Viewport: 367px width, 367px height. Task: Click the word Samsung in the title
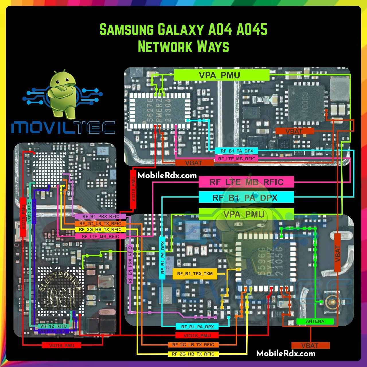pos(126,30)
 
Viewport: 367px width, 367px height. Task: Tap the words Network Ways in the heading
pos(183,47)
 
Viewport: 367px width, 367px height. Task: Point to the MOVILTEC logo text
pos(63,128)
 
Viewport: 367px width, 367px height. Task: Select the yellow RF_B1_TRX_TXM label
pos(195,274)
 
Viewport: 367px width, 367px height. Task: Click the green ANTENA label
pos(315,321)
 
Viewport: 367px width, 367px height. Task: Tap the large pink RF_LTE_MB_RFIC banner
pos(246,182)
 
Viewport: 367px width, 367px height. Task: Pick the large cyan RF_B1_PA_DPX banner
pos(246,198)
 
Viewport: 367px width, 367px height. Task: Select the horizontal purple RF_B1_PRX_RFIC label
pos(101,216)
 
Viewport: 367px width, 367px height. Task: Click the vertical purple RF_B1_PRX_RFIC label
pos(130,265)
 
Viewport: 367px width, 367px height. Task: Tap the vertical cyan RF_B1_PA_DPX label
pos(162,257)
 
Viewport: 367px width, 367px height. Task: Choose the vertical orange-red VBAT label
pos(337,253)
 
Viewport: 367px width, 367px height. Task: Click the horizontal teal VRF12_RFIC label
pos(54,326)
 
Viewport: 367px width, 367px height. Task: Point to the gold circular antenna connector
pos(332,302)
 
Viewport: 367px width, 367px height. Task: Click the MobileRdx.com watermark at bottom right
pos(286,353)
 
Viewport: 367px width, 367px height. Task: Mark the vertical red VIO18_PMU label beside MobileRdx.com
pos(133,189)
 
